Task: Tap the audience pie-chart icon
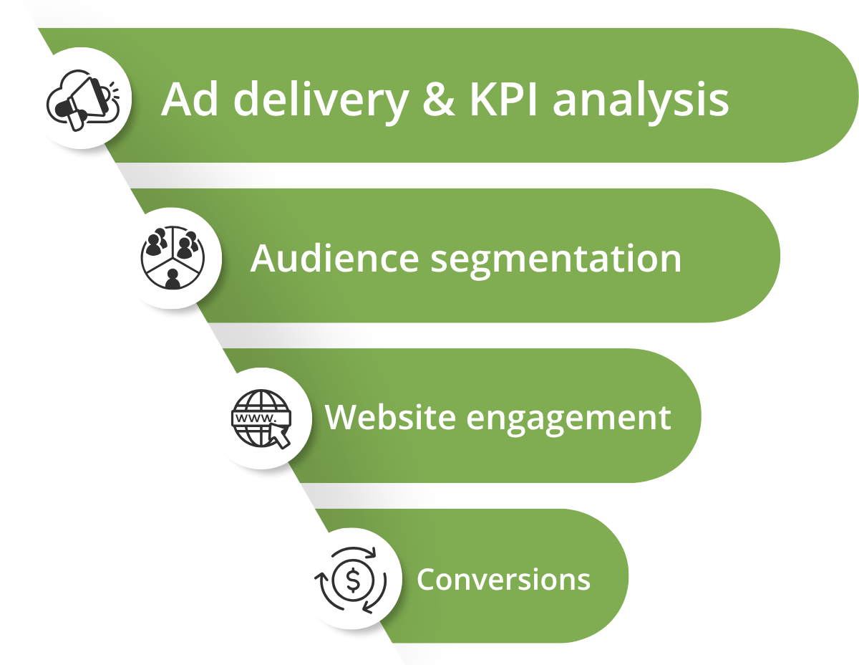[x=173, y=258]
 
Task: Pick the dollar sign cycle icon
[x=351, y=580]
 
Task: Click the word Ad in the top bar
[x=184, y=100]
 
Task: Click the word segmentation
[x=555, y=259]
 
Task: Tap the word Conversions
[x=503, y=579]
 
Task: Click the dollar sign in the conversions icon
[x=352, y=580]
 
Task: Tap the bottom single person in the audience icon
[x=173, y=278]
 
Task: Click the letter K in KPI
[x=482, y=100]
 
